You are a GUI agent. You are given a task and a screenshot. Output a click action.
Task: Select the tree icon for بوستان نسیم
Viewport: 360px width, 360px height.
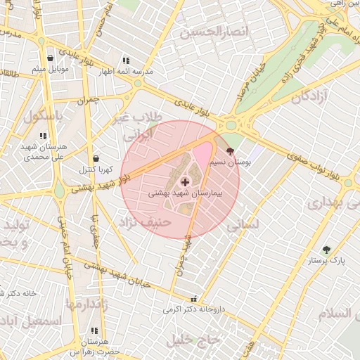coord(230,150)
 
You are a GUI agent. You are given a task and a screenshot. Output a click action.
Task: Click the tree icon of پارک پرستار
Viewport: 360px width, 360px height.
coord(326,250)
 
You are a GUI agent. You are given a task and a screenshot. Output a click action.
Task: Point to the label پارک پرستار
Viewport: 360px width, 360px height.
coord(328,260)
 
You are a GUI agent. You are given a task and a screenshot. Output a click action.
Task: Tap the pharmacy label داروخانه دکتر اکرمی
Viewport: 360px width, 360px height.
coord(191,309)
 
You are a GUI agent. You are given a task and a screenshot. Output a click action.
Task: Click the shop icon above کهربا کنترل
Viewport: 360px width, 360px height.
coord(96,158)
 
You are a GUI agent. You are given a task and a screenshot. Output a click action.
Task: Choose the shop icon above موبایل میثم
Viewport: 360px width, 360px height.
coord(50,58)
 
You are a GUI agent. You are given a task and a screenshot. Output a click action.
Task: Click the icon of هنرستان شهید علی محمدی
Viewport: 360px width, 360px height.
coord(43,136)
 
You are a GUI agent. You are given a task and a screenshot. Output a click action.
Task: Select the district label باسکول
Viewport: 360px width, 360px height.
coord(43,115)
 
